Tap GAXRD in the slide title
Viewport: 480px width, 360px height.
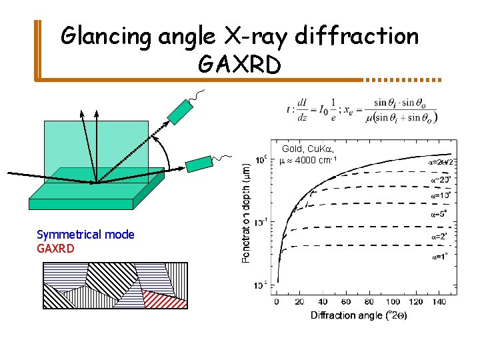pos(239,64)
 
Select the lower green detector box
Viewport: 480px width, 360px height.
pos(198,164)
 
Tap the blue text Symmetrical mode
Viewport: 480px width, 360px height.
pos(85,235)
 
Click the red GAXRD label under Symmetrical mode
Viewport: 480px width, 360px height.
pos(56,249)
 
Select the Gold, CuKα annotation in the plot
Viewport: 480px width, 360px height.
pos(305,149)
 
